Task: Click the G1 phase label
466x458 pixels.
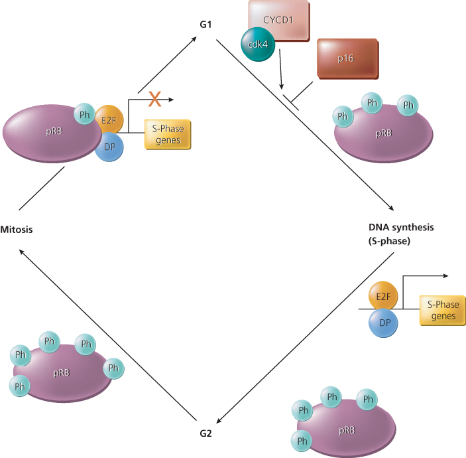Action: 205,25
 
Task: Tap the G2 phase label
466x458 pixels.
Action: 205,434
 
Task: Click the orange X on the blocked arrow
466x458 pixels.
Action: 154,100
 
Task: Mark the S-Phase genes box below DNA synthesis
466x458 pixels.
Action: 442,310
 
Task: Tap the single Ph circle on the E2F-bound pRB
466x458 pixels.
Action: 84,114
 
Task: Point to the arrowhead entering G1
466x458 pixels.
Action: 198,38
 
